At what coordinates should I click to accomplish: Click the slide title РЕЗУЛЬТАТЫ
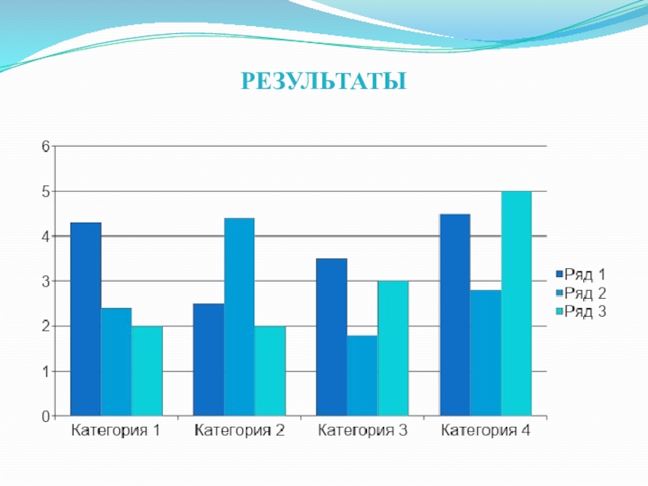click(x=324, y=82)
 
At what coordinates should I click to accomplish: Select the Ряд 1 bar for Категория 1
click(x=86, y=319)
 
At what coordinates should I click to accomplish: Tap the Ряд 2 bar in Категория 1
click(x=116, y=362)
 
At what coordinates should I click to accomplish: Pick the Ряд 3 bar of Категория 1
click(x=147, y=371)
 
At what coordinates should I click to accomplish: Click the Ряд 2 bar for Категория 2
click(x=239, y=317)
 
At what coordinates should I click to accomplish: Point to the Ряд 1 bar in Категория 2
click(x=208, y=360)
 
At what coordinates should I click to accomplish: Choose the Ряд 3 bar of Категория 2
click(x=270, y=371)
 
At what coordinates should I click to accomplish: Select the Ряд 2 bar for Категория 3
click(x=362, y=375)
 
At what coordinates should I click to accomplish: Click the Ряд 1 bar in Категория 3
click(x=331, y=337)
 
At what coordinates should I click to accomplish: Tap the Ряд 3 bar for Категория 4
click(x=516, y=304)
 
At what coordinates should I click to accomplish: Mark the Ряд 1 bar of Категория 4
click(x=454, y=315)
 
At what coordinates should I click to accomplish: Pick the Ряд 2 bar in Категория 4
click(x=485, y=353)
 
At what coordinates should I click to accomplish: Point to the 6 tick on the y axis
click(x=46, y=147)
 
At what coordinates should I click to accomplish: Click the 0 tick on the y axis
click(x=46, y=416)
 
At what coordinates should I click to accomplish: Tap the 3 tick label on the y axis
click(x=46, y=281)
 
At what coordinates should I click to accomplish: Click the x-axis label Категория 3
click(x=362, y=431)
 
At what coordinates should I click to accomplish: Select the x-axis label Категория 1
click(x=116, y=431)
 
